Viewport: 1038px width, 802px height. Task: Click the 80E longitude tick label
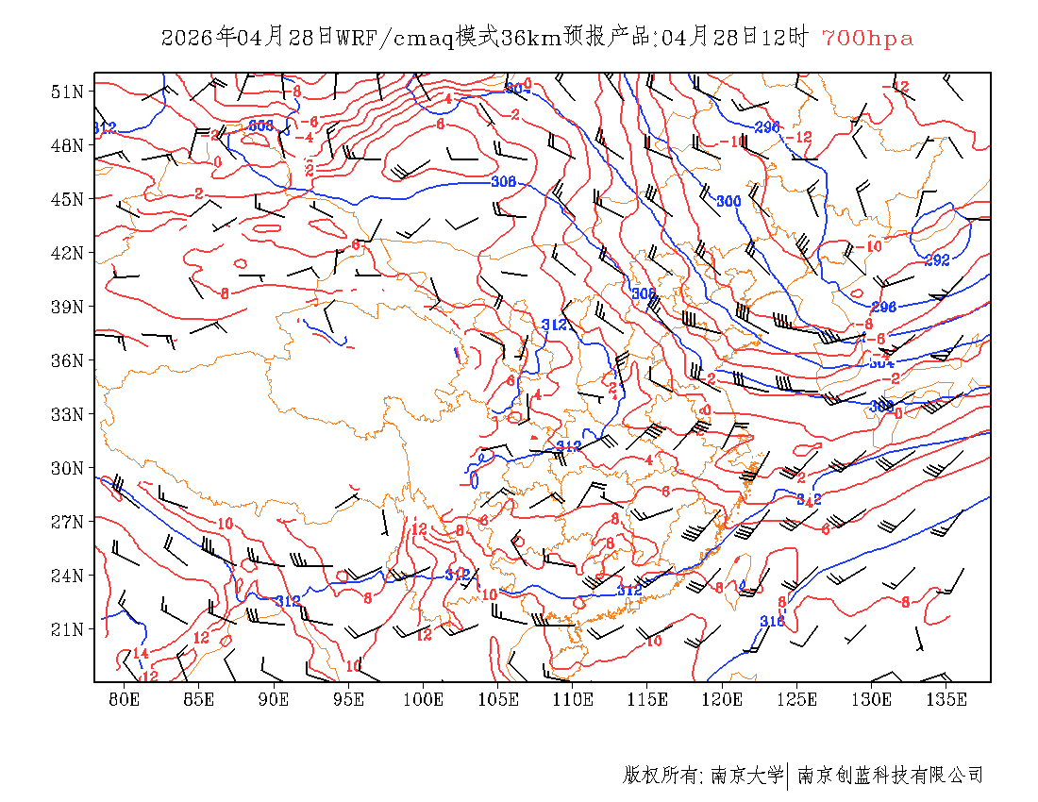point(125,699)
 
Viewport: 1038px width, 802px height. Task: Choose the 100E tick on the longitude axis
point(424,699)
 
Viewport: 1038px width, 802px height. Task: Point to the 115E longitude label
point(647,699)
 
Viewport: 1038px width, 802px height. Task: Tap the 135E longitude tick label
point(946,699)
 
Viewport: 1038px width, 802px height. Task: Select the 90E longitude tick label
point(274,699)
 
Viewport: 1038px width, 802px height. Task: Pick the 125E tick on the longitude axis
point(797,699)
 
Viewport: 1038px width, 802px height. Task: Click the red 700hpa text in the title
point(867,39)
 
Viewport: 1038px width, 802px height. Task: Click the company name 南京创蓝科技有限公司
point(890,776)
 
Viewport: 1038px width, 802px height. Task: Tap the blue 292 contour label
point(937,260)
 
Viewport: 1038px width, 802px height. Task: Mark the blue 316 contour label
point(772,621)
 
